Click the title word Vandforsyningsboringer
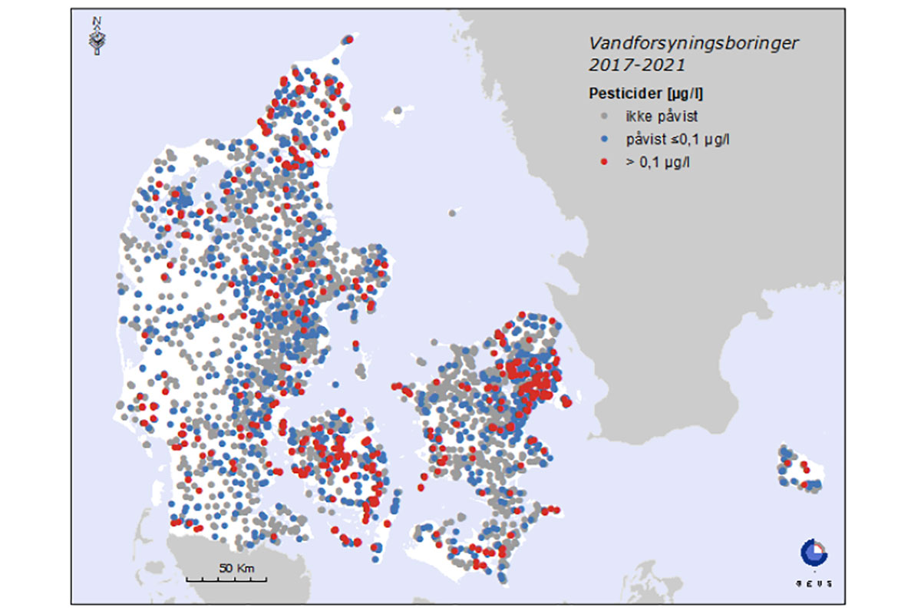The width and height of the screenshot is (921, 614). point(693,43)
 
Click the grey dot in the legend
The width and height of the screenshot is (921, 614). point(605,117)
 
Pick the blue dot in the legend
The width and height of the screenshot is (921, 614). point(605,139)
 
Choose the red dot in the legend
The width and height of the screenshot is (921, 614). point(605,162)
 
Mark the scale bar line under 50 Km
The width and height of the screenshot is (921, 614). point(226,579)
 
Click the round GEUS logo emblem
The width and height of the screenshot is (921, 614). point(813,552)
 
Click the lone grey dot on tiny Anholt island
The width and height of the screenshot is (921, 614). point(454,213)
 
